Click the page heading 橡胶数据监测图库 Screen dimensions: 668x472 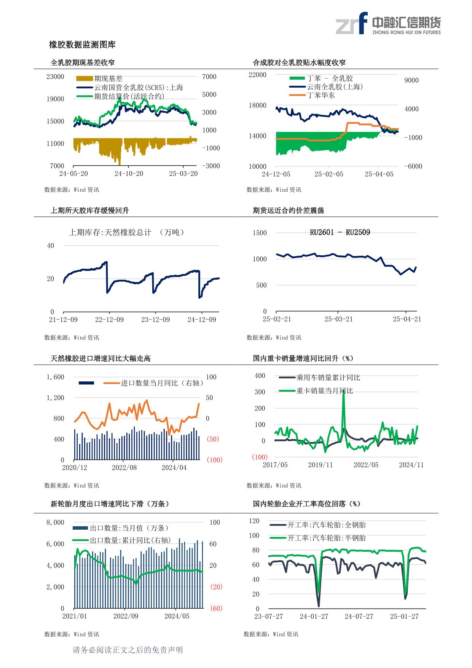[82, 45]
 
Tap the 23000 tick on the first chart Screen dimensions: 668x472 [55, 77]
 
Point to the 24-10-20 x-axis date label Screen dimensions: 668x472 [129, 174]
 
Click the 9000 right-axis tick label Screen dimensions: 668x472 [411, 80]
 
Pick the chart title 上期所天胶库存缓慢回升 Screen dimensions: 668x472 [90, 210]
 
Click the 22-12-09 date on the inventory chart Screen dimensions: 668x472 [109, 319]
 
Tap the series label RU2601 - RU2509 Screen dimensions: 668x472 [340, 232]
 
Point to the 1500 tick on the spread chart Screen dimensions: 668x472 [260, 233]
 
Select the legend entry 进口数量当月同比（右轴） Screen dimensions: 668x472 [162, 383]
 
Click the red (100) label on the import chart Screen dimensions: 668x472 [214, 460]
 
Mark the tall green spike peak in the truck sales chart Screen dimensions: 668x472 [343, 391]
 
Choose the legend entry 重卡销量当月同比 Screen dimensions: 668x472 [325, 391]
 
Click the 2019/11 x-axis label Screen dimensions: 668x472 [321, 465]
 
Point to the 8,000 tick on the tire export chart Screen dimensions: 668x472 [56, 522]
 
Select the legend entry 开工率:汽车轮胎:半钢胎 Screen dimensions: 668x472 [326, 538]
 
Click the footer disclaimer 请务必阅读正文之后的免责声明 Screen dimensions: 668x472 [128, 650]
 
